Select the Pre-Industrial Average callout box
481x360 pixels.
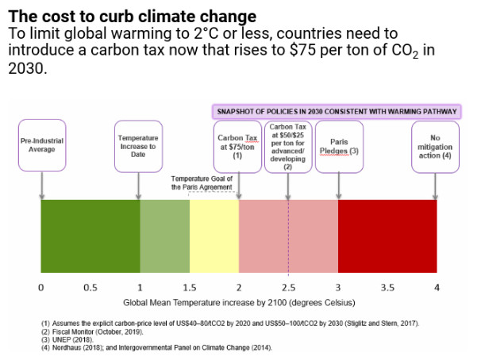coord(41,145)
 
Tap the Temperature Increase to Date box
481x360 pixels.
coord(139,145)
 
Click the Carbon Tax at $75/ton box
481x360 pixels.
coord(238,147)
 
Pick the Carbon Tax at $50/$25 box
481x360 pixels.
coord(287,147)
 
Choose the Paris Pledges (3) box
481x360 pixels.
coord(339,146)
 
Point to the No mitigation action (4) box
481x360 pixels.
coord(435,146)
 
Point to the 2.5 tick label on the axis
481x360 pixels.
coord(288,287)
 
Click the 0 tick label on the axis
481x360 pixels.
coord(40,287)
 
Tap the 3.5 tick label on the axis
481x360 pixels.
coord(387,287)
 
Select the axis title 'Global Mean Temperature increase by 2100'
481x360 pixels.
coord(239,303)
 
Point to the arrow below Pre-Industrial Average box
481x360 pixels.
coord(41,186)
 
